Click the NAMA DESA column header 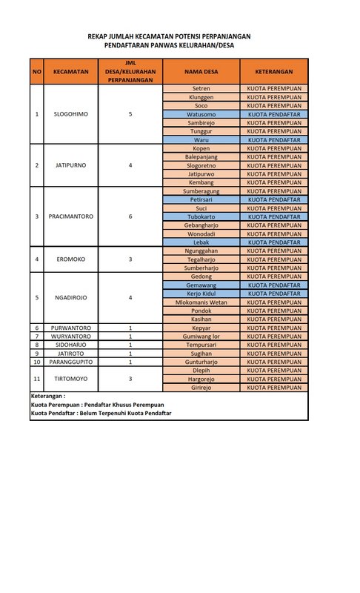pos(201,72)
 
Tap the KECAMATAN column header pos(71,72)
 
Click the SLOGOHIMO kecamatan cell pos(71,114)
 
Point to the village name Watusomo pos(201,114)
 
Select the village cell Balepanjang pos(201,156)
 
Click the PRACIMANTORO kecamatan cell pos(71,216)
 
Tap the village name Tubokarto pos(201,216)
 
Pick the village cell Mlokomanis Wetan pos(201,302)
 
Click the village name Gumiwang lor pos(201,336)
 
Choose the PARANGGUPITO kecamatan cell pos(71,362)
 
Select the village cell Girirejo pos(201,387)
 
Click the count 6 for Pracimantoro pos(130,216)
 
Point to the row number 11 pos(37,378)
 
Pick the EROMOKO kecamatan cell pos(71,259)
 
